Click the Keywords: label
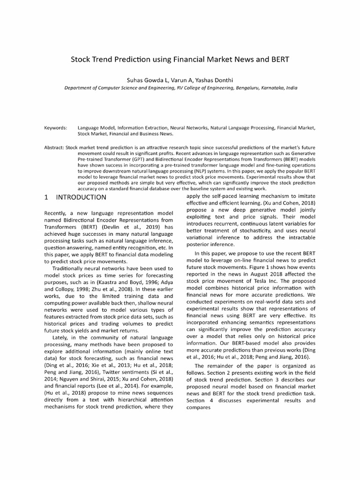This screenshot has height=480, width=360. point(55,127)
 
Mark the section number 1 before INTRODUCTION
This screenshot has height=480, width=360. point(46,197)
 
